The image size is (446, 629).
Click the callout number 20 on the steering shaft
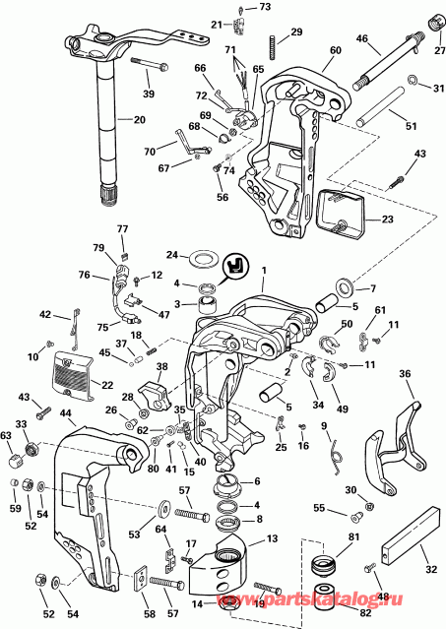click(138, 119)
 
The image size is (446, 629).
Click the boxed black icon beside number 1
click(237, 267)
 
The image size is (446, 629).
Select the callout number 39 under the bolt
click(149, 94)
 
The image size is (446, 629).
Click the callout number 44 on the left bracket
click(68, 414)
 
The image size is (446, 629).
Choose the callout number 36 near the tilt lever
click(405, 374)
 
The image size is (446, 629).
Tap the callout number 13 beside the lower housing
click(272, 538)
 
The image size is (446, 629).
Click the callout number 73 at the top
click(265, 7)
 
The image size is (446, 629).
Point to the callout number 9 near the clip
click(323, 424)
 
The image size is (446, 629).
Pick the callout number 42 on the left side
click(45, 314)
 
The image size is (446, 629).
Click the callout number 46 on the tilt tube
click(361, 39)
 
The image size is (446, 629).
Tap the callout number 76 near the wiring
click(85, 276)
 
